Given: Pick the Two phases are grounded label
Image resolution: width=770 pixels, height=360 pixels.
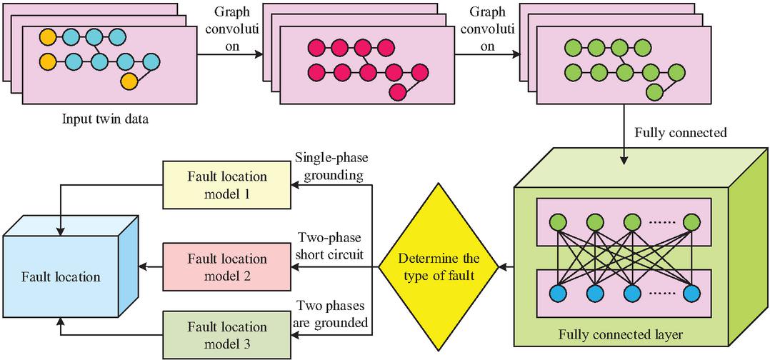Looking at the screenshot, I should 332,314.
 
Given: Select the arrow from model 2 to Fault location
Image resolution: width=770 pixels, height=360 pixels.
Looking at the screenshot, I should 151,267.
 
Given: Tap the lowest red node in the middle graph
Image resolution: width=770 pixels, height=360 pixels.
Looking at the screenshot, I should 396,91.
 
